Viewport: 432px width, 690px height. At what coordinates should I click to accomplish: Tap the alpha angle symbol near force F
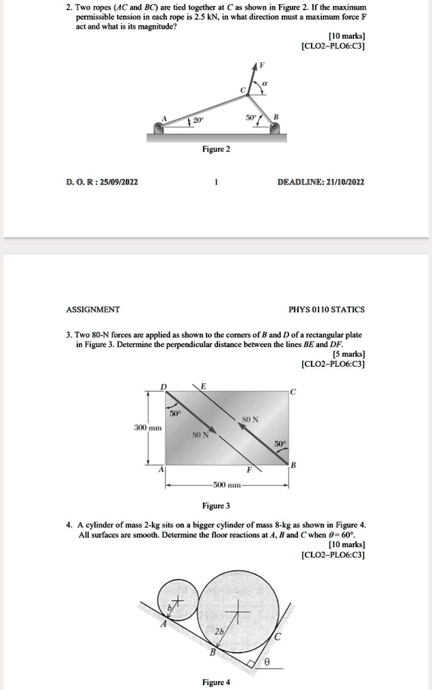[265, 82]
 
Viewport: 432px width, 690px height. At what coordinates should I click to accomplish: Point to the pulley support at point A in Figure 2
[161, 126]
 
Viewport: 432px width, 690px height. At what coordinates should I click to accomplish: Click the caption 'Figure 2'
[216, 149]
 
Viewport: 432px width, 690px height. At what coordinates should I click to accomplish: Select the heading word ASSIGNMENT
[93, 309]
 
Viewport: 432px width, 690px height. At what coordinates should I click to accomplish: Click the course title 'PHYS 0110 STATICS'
[327, 309]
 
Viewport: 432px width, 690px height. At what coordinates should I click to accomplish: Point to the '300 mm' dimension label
[146, 426]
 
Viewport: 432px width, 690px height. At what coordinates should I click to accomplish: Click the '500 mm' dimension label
[226, 486]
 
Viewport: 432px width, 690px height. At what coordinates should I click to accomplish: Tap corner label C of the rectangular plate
[293, 391]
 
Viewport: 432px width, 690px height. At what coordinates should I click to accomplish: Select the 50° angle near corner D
[175, 413]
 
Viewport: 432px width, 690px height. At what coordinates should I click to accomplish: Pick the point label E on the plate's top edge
[203, 386]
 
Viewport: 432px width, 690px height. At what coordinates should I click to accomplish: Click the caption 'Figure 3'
[216, 506]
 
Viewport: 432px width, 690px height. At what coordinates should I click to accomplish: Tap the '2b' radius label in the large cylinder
[221, 631]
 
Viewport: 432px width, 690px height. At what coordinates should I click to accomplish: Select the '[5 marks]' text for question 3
[349, 355]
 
